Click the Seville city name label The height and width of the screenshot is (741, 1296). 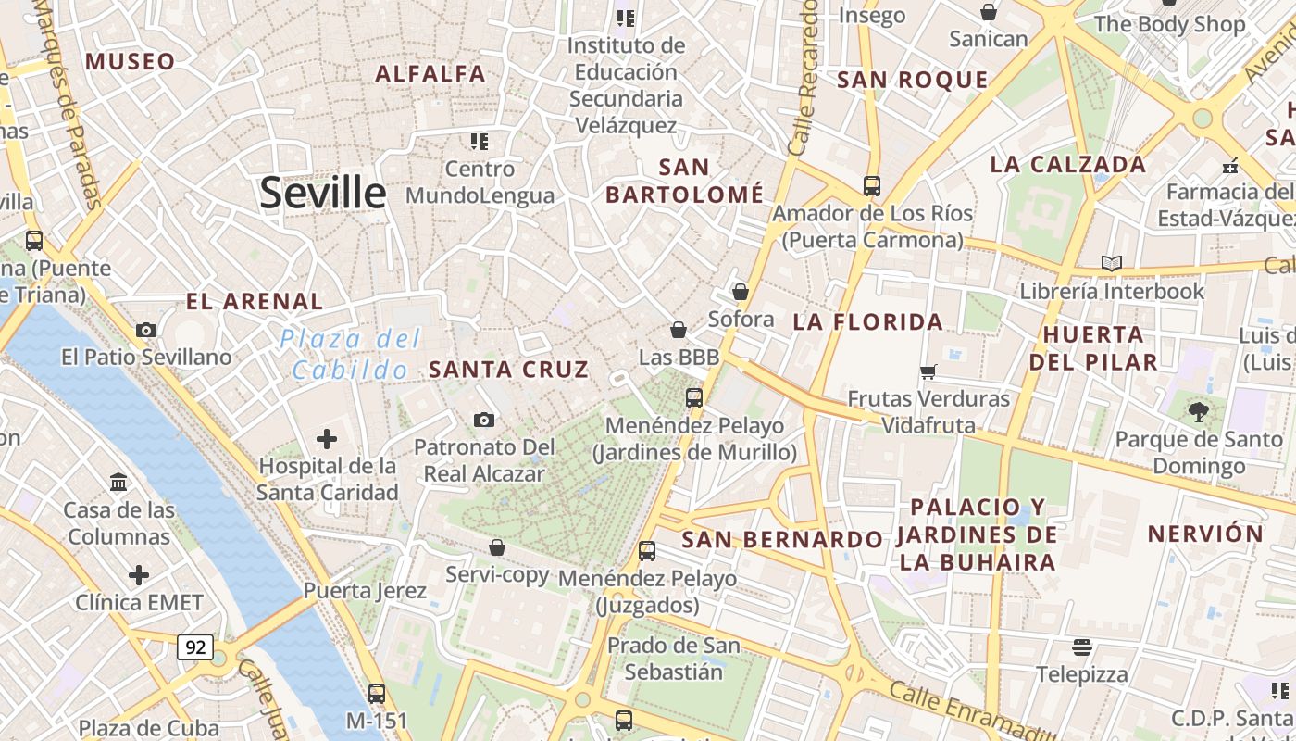point(322,193)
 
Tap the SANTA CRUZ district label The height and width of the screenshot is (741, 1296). point(508,370)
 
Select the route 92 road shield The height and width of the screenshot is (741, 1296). point(195,647)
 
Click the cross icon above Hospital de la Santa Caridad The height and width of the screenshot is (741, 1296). point(327,438)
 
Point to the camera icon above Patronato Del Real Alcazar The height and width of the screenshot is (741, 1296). point(483,421)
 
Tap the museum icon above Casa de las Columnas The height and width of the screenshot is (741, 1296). point(118,483)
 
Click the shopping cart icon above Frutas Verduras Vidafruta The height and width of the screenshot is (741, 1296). point(928,371)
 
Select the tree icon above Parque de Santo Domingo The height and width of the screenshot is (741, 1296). point(1199,411)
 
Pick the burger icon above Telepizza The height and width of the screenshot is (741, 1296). point(1081,647)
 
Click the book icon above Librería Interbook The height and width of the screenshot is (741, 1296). point(1112,263)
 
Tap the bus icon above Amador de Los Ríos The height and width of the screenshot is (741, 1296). point(871,185)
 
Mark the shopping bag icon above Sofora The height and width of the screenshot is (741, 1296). point(740,292)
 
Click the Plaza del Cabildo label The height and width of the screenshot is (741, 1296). point(350,355)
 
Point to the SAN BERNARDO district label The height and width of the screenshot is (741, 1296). point(782,539)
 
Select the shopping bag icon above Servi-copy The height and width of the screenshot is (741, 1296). point(497,547)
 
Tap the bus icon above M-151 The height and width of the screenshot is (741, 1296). point(376,693)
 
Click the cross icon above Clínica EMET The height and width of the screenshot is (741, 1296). point(139,575)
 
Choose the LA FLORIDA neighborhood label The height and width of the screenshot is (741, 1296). point(867,322)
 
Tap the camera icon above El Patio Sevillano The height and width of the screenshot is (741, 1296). point(145,330)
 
